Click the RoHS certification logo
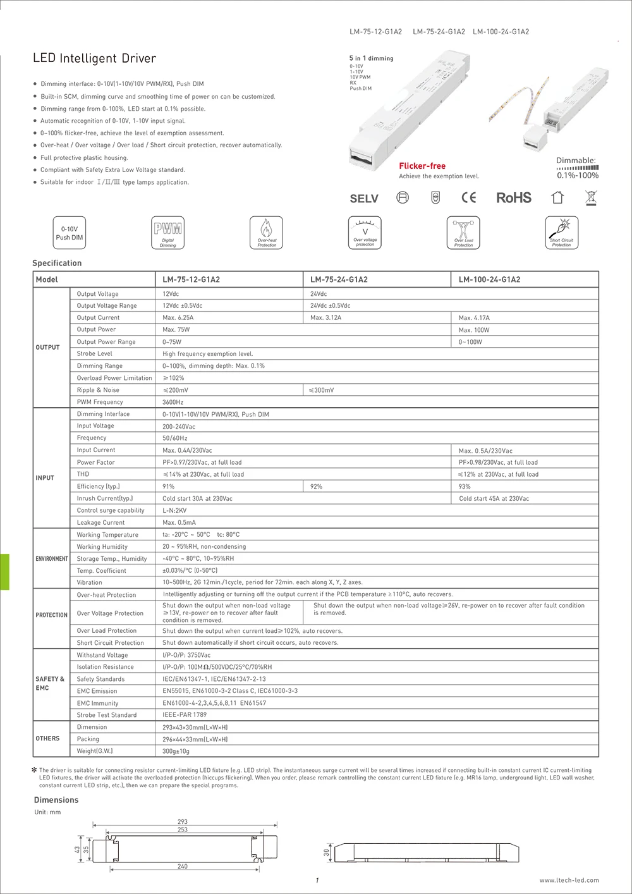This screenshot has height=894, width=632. [513, 198]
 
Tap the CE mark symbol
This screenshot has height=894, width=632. [468, 198]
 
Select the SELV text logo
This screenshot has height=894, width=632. [364, 199]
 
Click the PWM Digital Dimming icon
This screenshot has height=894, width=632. [168, 233]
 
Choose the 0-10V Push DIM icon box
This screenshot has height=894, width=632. [70, 233]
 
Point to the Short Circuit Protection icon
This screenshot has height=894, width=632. [561, 233]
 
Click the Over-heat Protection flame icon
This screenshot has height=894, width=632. [267, 233]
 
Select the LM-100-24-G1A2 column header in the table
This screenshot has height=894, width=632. [489, 279]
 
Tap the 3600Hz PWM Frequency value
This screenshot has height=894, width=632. [173, 402]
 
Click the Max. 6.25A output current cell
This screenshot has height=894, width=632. [178, 318]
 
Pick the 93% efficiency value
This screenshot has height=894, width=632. [465, 487]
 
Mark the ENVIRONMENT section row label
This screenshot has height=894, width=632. [52, 559]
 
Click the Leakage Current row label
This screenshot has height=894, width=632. [100, 523]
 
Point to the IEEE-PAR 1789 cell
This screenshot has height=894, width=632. [185, 715]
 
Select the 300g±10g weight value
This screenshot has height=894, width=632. [176, 751]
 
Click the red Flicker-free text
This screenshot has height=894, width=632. [422, 166]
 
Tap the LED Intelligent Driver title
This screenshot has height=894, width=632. [94, 59]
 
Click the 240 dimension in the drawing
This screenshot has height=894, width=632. [183, 867]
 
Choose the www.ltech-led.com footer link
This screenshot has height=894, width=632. [569, 880]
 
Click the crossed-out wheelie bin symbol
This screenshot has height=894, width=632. [591, 198]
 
